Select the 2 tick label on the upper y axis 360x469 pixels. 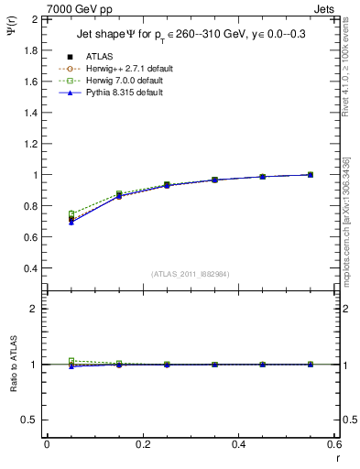pyautogui.click(x=35, y=19)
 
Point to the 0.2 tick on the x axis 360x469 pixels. pyautogui.click(x=142, y=444)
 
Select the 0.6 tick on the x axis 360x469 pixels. pyautogui.click(x=333, y=444)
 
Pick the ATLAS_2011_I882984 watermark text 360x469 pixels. pyautogui.click(x=191, y=273)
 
